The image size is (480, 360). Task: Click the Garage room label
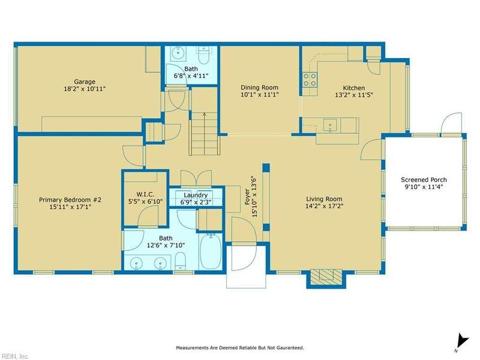(x=85, y=82)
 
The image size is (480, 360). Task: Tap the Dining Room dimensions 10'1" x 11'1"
(x=259, y=95)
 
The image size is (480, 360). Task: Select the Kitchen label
(x=353, y=88)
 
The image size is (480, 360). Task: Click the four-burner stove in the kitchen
(x=310, y=80)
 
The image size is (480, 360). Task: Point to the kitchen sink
(x=330, y=125)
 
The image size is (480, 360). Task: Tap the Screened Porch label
(x=424, y=179)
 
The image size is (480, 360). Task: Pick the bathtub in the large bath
(x=211, y=251)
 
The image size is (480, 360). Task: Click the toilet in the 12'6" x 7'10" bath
(x=181, y=261)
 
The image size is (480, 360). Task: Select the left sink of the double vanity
(x=136, y=263)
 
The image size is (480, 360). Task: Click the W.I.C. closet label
(x=145, y=194)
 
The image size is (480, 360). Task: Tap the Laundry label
(x=196, y=195)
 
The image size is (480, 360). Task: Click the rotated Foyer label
(x=247, y=197)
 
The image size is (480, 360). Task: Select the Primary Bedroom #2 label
(x=70, y=200)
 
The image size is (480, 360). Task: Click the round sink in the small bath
(x=178, y=53)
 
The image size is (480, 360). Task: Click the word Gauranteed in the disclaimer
(x=290, y=348)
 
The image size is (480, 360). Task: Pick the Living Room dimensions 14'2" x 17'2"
(x=324, y=206)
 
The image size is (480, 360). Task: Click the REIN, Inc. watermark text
(x=14, y=356)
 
